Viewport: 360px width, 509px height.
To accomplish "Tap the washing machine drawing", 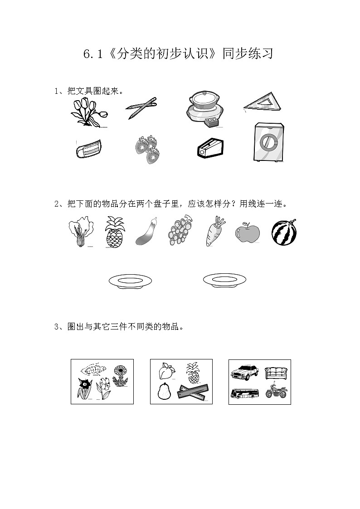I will tap(270, 142).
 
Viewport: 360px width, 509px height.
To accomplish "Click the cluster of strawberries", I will tap(146, 149).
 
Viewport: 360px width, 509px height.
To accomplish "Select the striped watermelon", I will tap(284, 232).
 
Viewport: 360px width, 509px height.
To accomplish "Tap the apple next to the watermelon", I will tap(247, 233).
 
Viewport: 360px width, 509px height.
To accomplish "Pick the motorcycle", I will tap(276, 392).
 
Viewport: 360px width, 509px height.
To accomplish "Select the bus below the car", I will tap(245, 393).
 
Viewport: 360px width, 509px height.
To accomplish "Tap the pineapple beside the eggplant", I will tap(114, 232).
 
